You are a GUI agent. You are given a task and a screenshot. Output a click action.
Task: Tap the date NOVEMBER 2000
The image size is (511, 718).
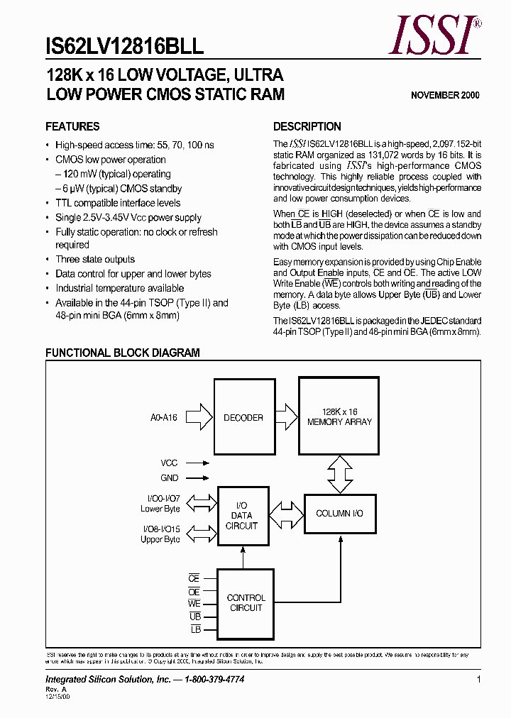click(445, 95)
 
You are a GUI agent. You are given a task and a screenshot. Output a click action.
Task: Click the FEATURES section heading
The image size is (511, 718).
click(72, 127)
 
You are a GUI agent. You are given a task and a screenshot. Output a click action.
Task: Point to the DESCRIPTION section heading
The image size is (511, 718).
click(307, 127)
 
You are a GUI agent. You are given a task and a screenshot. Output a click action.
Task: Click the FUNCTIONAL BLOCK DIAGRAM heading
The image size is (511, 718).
click(123, 353)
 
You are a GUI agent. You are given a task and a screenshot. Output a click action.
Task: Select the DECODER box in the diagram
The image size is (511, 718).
click(243, 418)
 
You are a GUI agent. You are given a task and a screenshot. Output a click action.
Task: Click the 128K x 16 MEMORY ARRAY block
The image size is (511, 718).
click(339, 416)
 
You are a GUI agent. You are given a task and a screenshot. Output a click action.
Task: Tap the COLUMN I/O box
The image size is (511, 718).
click(339, 513)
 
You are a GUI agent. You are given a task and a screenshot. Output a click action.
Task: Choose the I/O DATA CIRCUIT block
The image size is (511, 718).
click(242, 516)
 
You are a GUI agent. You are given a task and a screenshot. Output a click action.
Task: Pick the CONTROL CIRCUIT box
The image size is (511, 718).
click(246, 603)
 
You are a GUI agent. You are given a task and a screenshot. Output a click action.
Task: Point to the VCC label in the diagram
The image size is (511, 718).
click(169, 463)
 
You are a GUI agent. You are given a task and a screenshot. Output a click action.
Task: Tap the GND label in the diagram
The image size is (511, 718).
click(170, 478)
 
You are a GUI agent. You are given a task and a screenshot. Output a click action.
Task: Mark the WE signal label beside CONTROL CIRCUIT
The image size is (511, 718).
click(194, 604)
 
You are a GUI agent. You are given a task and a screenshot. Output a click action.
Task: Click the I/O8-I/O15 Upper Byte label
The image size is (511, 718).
click(160, 534)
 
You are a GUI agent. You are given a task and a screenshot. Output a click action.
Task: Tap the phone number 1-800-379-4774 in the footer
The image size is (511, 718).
click(215, 680)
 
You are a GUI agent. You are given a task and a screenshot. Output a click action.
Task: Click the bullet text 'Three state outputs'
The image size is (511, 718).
click(95, 260)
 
